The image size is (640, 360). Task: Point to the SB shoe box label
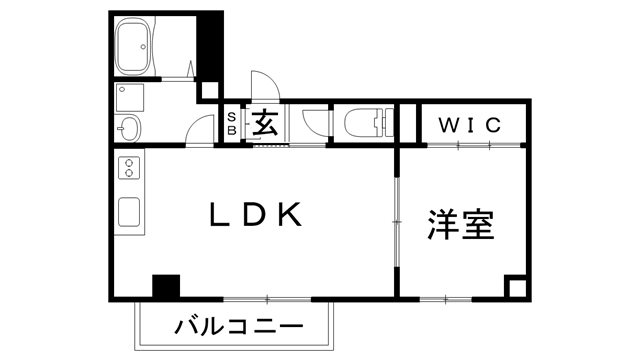(x=229, y=125)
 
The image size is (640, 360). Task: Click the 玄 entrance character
(x=264, y=123)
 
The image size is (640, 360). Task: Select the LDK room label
(x=255, y=215)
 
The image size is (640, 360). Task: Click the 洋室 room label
(x=462, y=225)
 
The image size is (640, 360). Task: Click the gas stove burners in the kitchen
(x=129, y=171)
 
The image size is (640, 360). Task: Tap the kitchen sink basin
(x=130, y=212)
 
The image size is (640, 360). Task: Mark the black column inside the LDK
(x=165, y=286)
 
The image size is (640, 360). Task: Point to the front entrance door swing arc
(x=262, y=84)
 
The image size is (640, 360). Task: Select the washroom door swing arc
(x=203, y=128)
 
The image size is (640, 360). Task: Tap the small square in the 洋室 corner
(x=516, y=287)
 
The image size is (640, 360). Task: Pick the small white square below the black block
(x=210, y=90)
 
